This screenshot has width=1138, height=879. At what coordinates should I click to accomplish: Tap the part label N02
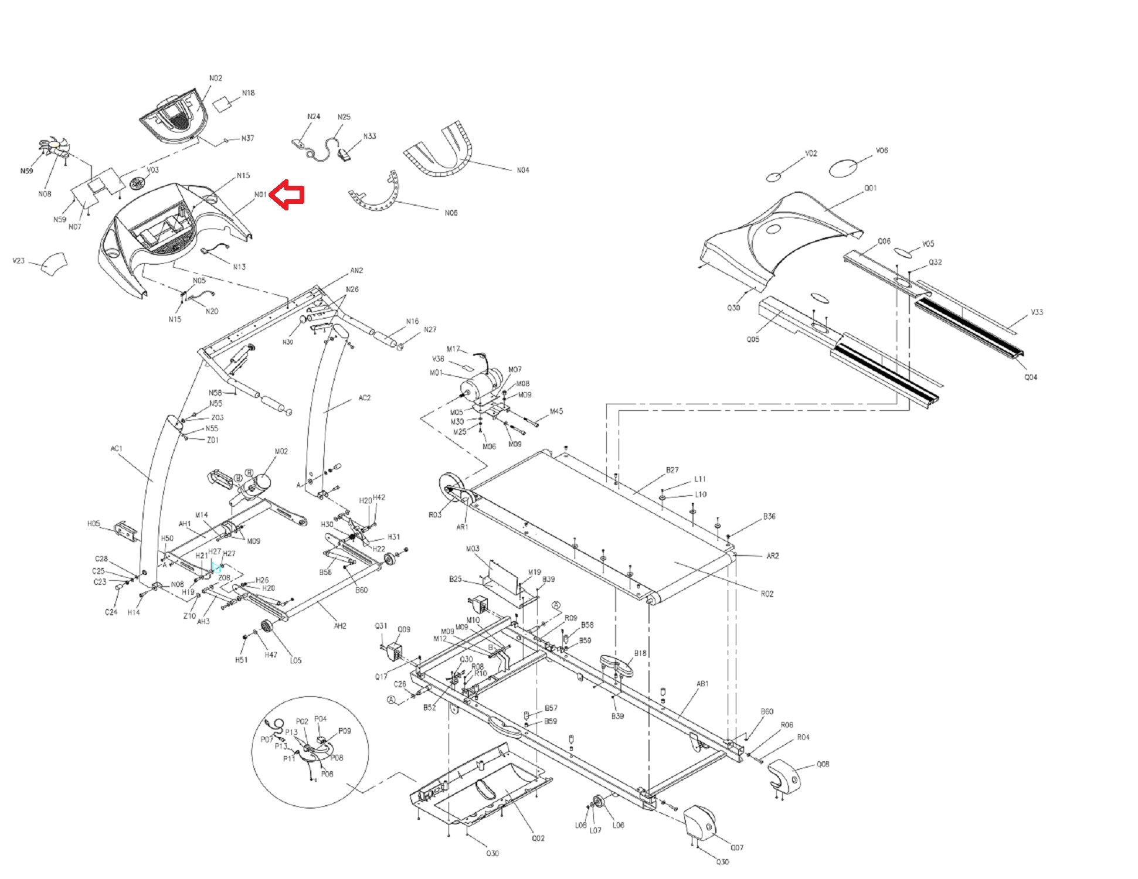point(216,78)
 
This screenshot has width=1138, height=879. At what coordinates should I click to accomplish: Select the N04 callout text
point(522,170)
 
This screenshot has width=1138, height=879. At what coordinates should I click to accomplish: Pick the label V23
point(19,261)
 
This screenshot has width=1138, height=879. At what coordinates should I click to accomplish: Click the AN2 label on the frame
point(356,271)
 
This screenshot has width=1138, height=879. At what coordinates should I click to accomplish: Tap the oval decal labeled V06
point(844,168)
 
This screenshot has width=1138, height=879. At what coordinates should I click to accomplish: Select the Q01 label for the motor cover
point(870,188)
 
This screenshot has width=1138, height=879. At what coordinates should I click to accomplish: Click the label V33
point(1037,312)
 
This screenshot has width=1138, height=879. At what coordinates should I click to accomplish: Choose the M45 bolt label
point(556,411)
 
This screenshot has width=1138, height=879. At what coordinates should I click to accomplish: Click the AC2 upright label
point(364,398)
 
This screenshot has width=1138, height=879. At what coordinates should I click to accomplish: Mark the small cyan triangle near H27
point(216,567)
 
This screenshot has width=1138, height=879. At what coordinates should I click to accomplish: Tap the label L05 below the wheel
point(295,660)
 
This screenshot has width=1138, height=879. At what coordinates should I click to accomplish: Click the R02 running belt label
point(767,594)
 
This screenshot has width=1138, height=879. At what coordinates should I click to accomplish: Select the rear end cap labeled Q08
point(784,775)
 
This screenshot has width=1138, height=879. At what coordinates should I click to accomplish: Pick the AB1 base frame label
point(702,683)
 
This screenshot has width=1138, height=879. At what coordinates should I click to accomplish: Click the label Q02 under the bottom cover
point(538,838)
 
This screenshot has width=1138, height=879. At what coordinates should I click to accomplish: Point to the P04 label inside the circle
point(320,718)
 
